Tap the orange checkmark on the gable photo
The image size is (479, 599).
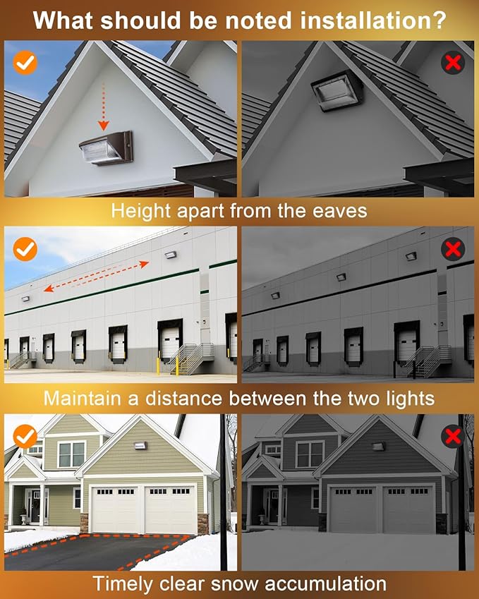[x=25, y=63]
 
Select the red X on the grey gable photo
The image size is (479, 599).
[x=453, y=63]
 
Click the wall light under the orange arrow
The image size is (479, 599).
[x=105, y=147]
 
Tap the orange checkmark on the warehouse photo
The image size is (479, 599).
[x=25, y=248]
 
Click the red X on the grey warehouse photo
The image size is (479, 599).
[x=453, y=248]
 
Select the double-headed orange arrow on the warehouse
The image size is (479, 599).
[x=96, y=275]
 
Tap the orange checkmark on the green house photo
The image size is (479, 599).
[x=25, y=437]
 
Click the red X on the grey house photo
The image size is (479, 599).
[x=453, y=437]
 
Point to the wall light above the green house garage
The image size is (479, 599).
[x=140, y=445]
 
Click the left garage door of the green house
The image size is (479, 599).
[x=116, y=509]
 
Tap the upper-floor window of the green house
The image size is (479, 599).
[x=71, y=454]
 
